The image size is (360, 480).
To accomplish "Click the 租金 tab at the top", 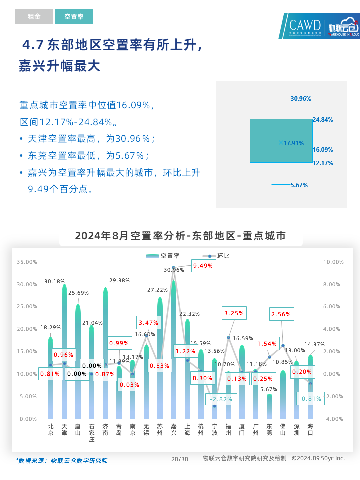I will click(x=34, y=17).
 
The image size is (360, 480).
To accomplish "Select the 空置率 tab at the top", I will click(x=74, y=17).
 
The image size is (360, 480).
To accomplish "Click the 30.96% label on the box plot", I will click(x=301, y=99).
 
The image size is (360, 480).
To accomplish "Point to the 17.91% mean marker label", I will click(x=293, y=143).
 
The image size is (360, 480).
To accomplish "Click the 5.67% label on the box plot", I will click(x=299, y=185).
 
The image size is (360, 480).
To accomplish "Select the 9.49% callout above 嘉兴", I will click(x=203, y=266).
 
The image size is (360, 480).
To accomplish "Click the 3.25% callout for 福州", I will click(x=234, y=313).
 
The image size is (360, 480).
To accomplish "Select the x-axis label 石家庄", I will click(x=92, y=433).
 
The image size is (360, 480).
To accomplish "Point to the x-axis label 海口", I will click(x=310, y=430).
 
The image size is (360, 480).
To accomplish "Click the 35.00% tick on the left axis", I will click(x=27, y=262).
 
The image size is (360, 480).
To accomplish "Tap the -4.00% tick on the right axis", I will click(x=333, y=419).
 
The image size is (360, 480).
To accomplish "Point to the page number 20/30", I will click(x=180, y=459).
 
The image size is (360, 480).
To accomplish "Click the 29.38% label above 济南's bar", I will click(x=119, y=280).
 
